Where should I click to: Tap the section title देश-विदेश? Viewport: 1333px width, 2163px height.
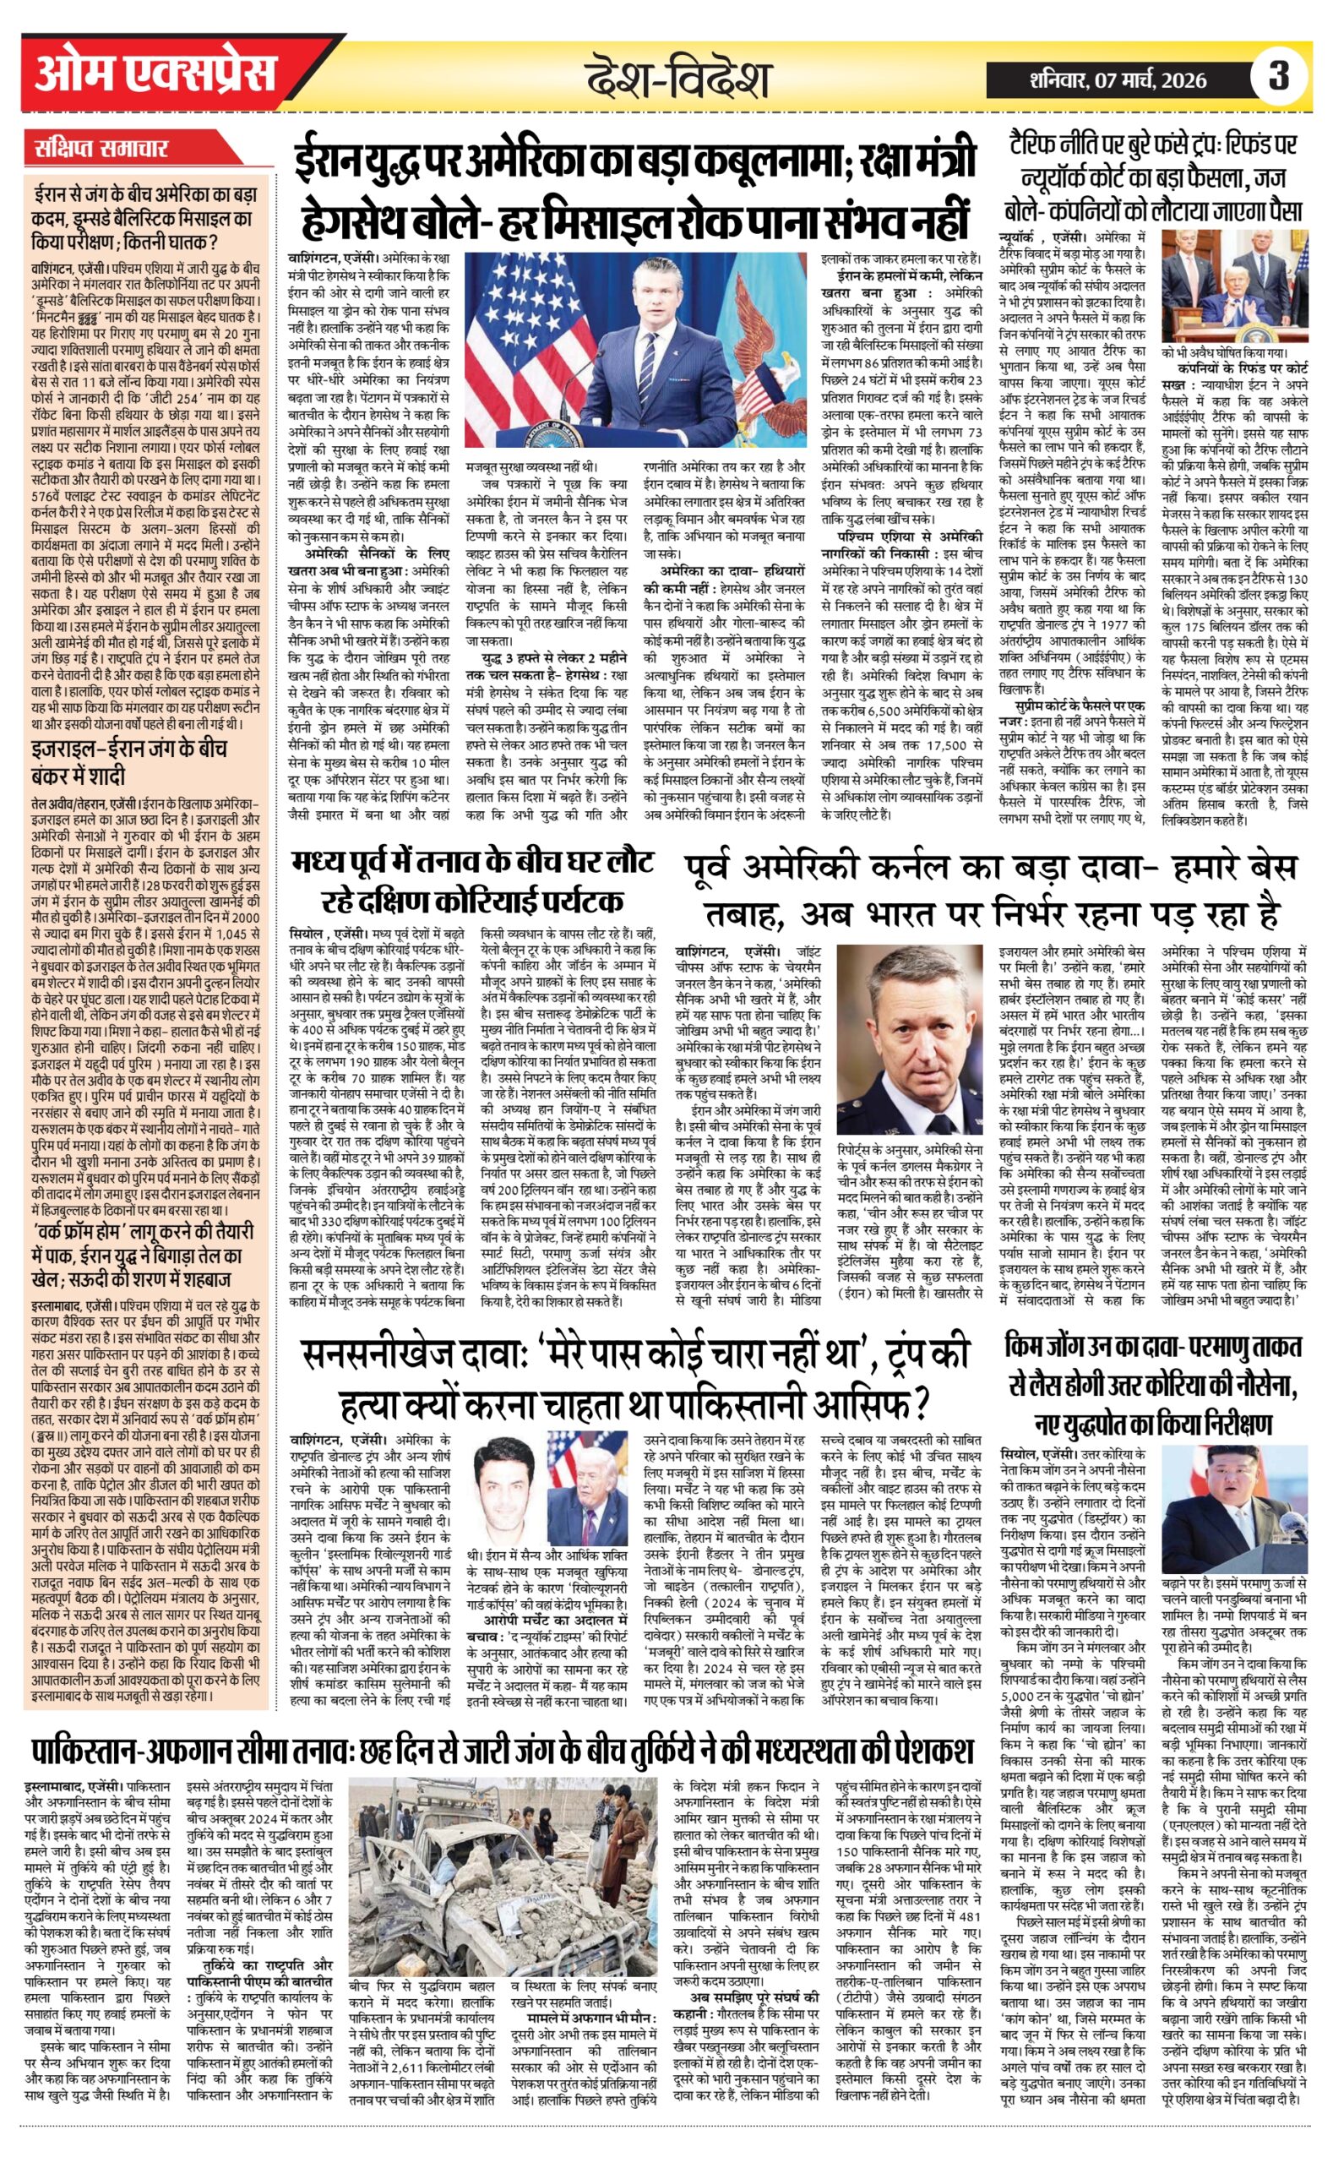[679, 79]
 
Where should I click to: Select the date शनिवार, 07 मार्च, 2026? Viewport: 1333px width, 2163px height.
[1118, 80]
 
